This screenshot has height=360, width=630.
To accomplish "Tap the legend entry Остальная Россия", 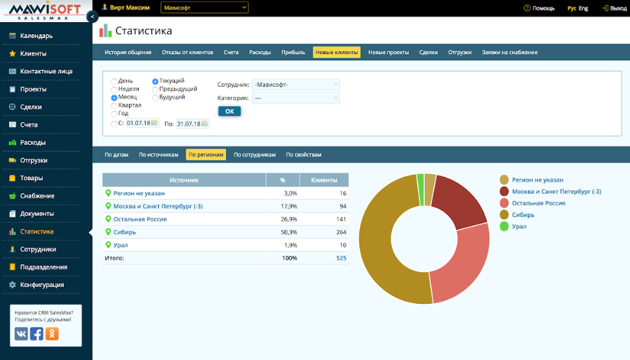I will pyautogui.click(x=538, y=203).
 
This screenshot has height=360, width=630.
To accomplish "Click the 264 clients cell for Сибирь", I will pyautogui.click(x=341, y=232).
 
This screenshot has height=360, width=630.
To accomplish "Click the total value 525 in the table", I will pyautogui.click(x=341, y=258).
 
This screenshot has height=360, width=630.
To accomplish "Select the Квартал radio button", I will pyautogui.click(x=114, y=105).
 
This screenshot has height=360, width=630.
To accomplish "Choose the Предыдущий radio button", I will pyautogui.click(x=155, y=89).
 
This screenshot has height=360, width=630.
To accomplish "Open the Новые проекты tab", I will pyautogui.click(x=389, y=52).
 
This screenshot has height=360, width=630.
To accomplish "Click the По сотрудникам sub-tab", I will pyautogui.click(x=255, y=155).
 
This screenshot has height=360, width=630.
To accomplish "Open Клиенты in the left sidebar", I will pyautogui.click(x=33, y=53).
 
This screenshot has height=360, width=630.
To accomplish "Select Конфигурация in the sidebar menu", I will pyautogui.click(x=42, y=284).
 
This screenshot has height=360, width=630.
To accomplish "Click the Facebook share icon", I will pyautogui.click(x=37, y=334).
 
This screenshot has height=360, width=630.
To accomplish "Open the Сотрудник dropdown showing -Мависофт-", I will pyautogui.click(x=296, y=85).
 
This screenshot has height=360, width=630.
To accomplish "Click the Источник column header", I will pyautogui.click(x=184, y=180).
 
